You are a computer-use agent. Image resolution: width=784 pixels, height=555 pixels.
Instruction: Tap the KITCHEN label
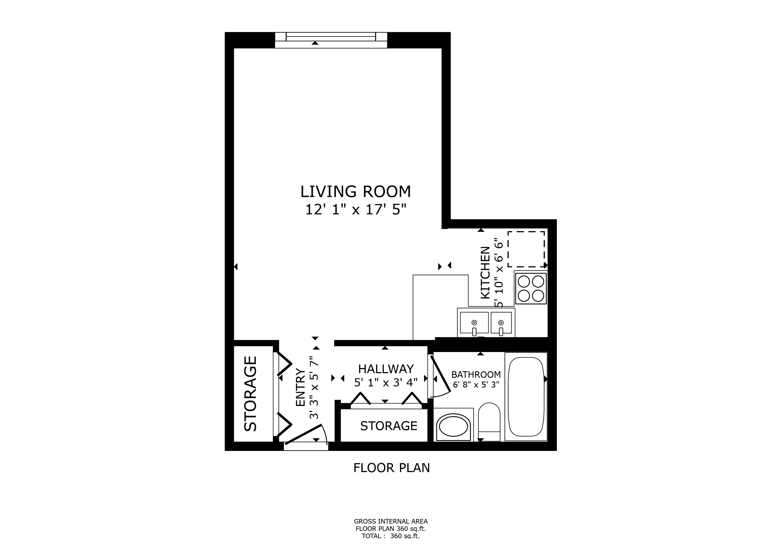[485, 272]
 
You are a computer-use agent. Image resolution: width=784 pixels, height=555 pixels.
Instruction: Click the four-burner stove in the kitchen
[531, 288]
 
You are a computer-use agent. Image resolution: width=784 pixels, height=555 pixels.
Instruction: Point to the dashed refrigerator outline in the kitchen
[526, 249]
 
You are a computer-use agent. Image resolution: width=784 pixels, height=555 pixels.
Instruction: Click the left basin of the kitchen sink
[474, 322]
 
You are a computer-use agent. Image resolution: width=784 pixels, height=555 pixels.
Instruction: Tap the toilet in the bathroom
[489, 422]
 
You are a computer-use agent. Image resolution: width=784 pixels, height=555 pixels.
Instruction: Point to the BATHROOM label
[476, 375]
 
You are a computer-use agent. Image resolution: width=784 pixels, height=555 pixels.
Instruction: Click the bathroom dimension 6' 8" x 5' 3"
[476, 385]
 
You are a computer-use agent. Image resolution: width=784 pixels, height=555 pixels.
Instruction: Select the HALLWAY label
[386, 369]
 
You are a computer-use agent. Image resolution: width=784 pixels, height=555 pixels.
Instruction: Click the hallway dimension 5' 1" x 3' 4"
[386, 382]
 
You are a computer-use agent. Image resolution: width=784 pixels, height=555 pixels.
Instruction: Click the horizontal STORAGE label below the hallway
[388, 426]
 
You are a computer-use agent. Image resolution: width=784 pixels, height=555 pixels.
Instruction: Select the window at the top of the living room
[331, 40]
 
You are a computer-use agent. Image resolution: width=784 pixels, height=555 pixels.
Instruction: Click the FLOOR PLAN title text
[391, 468]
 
